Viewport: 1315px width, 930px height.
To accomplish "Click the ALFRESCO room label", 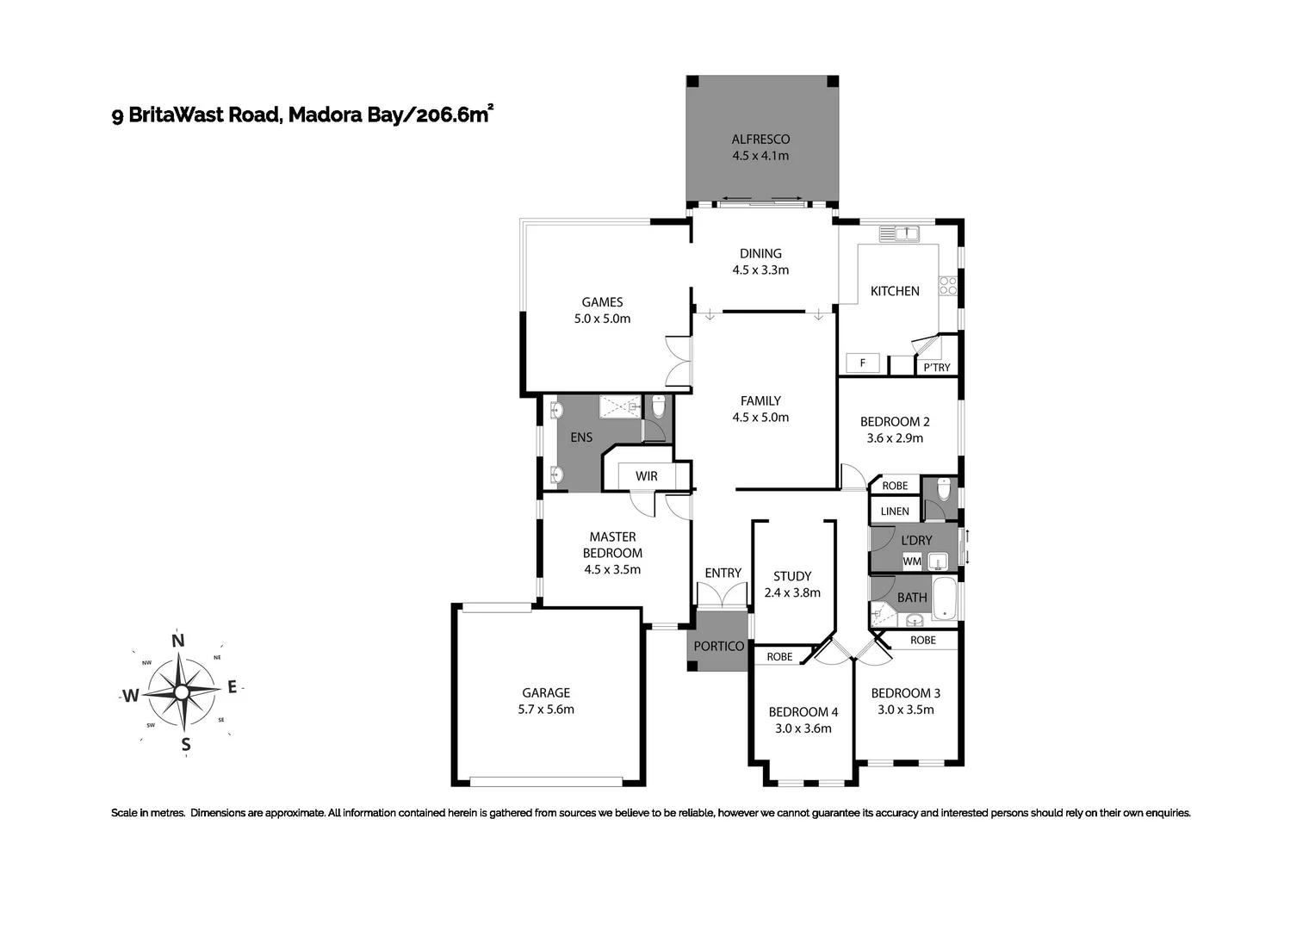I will pos(760,139).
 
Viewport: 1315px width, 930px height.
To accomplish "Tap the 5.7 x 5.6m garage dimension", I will pos(546,710).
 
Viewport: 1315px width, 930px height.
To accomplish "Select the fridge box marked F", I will pos(862,363).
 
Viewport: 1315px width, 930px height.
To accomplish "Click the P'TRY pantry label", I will pos(937,368).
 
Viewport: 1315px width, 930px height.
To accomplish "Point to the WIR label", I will pos(646,476).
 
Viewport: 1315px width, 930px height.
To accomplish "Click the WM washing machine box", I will pos(912,561).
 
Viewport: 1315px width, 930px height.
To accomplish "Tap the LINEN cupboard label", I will pos(895,512).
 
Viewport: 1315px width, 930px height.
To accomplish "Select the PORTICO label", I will pos(718,646).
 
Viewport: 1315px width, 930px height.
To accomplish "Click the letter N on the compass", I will pos(178,641).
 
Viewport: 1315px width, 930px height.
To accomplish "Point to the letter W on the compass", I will pos(130,696).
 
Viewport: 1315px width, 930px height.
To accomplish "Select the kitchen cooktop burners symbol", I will pos(948,285).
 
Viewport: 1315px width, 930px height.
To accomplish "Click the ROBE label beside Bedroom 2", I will pos(895,486).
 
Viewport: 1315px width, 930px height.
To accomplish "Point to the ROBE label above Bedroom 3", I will pos(922,640).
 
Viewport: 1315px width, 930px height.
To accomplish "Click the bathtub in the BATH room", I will pos(945,600).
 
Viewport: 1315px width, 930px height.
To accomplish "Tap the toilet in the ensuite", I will pos(659,406).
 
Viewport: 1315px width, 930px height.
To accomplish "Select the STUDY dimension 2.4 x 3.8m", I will pos(791,592).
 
